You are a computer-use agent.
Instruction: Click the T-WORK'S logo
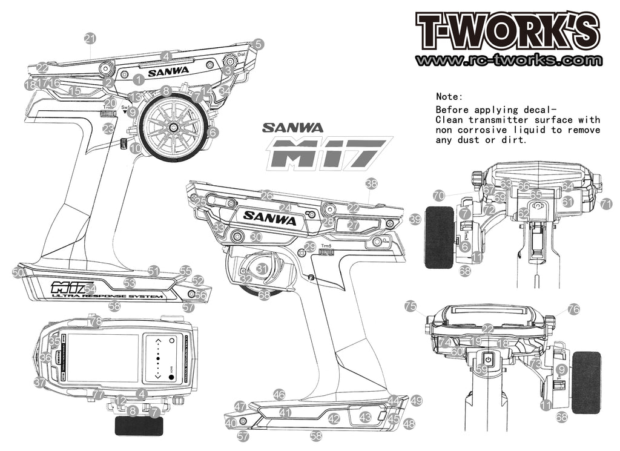coord(507,31)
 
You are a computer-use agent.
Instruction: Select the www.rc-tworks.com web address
coord(509,61)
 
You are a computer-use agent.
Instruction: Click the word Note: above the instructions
coord(449,97)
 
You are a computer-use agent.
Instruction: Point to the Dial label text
coord(241,54)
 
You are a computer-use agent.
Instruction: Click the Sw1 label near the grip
coord(127,107)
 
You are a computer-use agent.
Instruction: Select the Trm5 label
coord(327,246)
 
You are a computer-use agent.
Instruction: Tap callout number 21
coord(90,39)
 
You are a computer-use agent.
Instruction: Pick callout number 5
coord(259,44)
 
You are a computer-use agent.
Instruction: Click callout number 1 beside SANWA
coord(139,79)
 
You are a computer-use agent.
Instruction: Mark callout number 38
coord(371,183)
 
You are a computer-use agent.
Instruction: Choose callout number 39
coord(415,219)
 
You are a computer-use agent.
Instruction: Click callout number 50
coord(18,273)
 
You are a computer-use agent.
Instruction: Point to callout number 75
coord(411,306)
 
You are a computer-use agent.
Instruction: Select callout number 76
coord(573,309)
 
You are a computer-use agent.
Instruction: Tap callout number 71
coord(606,205)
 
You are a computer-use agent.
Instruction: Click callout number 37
coord(40,383)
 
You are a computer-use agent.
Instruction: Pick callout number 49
coord(416,400)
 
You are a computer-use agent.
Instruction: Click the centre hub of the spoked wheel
coord(173,127)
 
